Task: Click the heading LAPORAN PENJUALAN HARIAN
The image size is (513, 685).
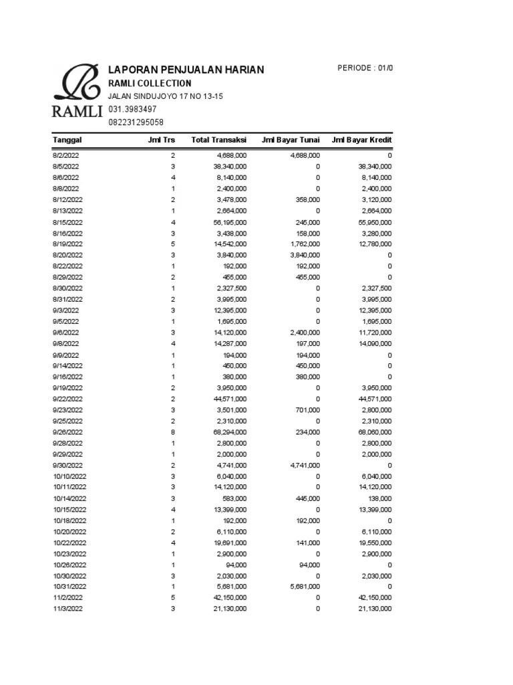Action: pos(186,70)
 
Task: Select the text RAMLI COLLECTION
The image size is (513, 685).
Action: pos(150,84)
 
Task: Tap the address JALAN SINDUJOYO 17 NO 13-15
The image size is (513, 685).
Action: pos(166,96)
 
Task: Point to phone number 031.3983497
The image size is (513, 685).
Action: pos(132,109)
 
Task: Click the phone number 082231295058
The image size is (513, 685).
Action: pos(136,122)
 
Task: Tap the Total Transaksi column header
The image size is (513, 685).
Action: pos(218,140)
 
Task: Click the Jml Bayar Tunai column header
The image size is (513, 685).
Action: pos(292,140)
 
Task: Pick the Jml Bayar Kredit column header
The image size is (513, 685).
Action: pos(361,140)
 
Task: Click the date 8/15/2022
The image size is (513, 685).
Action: pos(68,222)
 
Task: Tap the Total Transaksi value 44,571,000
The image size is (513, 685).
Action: pos(228,399)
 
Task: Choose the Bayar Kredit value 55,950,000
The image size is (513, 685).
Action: pos(373,222)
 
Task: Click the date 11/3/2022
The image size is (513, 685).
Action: pos(68,609)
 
